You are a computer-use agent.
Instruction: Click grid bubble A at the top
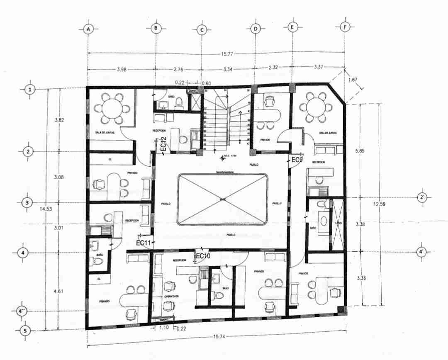[88, 29]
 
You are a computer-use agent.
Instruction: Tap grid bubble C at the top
[202, 30]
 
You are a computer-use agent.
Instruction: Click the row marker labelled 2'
[422, 197]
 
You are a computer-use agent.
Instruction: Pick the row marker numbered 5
[26, 331]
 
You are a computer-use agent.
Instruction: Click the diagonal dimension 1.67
[353, 80]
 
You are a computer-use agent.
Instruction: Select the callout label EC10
[203, 256]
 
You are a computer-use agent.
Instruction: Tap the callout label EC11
[143, 243]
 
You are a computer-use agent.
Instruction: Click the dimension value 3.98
[122, 70]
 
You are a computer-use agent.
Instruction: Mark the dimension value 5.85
[359, 151]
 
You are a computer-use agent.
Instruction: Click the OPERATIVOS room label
[171, 297]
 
